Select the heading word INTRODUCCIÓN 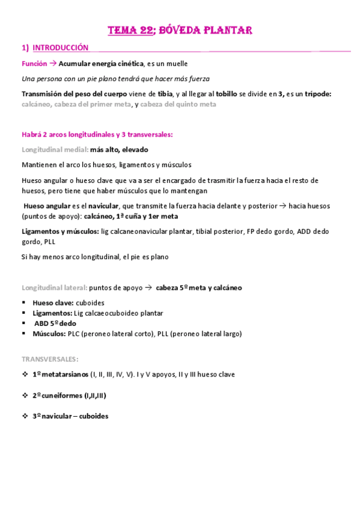click(60, 48)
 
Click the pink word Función click(34, 63)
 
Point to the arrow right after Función click(53, 63)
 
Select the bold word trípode click(317, 94)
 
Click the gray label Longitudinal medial click(55, 149)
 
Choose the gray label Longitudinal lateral click(53, 287)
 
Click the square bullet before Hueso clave click(25, 303)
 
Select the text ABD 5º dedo click(53, 324)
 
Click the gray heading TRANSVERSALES click(49, 359)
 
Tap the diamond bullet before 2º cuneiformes click(25, 395)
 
